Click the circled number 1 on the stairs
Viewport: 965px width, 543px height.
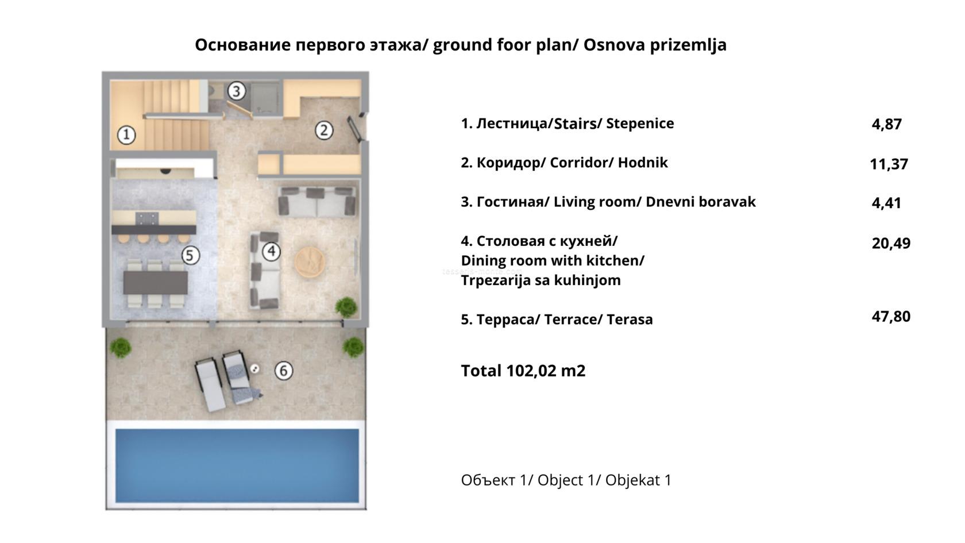pyautogui.click(x=126, y=135)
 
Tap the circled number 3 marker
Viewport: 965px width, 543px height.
pyautogui.click(x=236, y=91)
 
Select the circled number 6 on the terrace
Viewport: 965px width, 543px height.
pyautogui.click(x=284, y=371)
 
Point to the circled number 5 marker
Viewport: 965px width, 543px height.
pyautogui.click(x=190, y=256)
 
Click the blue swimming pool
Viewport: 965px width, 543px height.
pyautogui.click(x=237, y=465)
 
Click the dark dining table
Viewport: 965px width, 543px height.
pyautogui.click(x=156, y=282)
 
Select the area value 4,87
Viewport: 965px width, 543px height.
pyautogui.click(x=887, y=124)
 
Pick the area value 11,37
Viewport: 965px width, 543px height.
pyautogui.click(x=889, y=164)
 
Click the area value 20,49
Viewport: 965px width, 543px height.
pyautogui.click(x=891, y=243)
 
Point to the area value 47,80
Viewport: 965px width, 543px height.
pyautogui.click(x=891, y=316)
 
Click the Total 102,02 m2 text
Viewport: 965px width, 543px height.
pyautogui.click(x=523, y=371)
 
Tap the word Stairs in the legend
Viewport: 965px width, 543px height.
pyautogui.click(x=576, y=124)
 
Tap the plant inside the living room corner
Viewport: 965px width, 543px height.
pyautogui.click(x=346, y=307)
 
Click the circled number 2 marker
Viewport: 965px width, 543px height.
pyautogui.click(x=324, y=130)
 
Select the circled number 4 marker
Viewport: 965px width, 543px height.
pyautogui.click(x=271, y=251)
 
